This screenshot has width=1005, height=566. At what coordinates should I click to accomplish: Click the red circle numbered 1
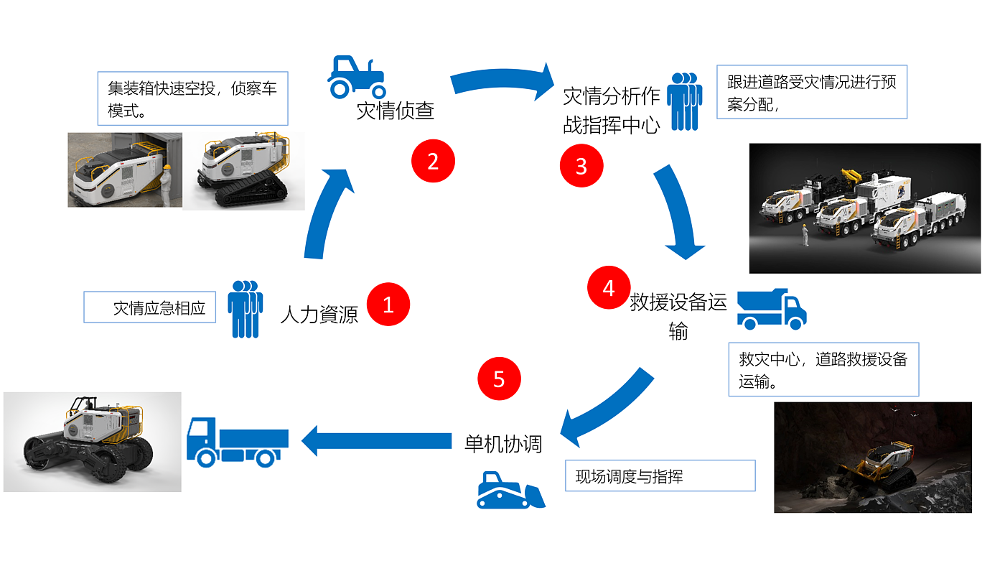click(388, 305)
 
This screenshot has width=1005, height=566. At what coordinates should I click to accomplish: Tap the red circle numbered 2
click(433, 162)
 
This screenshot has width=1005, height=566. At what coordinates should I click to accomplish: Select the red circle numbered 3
click(581, 166)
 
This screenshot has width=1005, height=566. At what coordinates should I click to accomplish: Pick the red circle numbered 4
click(609, 288)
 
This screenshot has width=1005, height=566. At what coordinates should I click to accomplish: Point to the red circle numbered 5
click(499, 379)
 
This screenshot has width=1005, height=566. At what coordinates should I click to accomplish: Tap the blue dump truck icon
click(772, 309)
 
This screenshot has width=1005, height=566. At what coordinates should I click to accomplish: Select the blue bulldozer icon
click(510, 491)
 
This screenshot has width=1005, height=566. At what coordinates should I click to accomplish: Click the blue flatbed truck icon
click(238, 442)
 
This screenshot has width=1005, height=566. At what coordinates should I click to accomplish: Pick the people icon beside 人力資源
click(245, 309)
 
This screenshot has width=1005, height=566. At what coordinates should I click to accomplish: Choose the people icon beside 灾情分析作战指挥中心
click(683, 101)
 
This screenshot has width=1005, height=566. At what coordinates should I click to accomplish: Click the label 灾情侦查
click(396, 111)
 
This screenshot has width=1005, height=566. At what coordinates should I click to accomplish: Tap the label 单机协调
click(503, 443)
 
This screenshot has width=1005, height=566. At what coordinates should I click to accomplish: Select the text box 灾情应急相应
click(150, 307)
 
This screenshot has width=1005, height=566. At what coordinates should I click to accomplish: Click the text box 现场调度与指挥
click(660, 475)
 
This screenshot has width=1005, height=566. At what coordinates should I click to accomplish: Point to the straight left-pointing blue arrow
click(376, 440)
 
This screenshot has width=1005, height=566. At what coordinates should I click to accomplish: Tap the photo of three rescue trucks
click(864, 208)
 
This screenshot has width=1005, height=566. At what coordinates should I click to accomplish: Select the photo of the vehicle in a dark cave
click(872, 457)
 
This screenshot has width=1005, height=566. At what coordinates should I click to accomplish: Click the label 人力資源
click(319, 315)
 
